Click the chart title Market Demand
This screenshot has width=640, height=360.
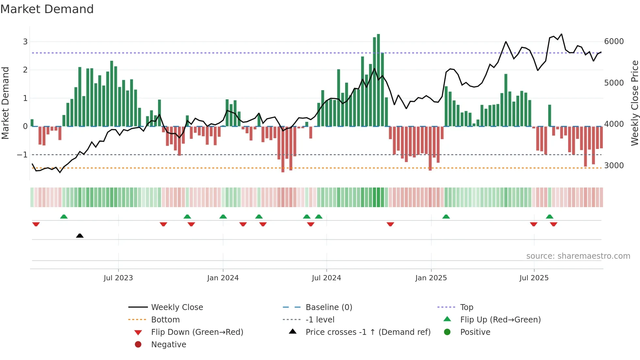(47, 9)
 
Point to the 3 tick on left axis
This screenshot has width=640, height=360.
(25, 42)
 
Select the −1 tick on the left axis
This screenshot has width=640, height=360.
(23, 155)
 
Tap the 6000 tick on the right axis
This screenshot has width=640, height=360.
(614, 41)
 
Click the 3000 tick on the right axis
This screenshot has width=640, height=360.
(614, 166)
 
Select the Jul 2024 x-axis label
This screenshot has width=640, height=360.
(326, 278)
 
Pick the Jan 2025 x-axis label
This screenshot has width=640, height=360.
(431, 278)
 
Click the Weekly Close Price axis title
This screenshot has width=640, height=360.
(634, 103)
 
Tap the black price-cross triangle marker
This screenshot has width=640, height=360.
(80, 236)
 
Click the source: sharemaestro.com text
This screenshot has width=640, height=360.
(578, 256)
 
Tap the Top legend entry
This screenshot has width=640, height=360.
(466, 307)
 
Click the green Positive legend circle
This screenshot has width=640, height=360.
(447, 332)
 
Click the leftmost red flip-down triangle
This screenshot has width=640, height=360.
(36, 224)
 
